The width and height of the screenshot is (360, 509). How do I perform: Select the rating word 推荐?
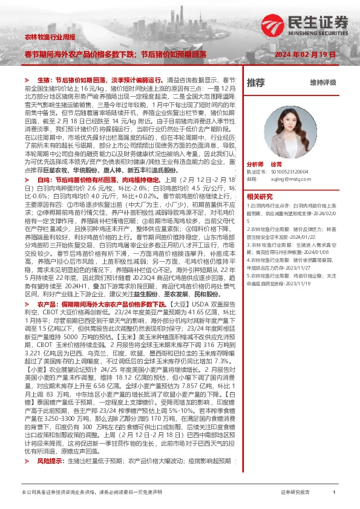pyautogui.click(x=256, y=82)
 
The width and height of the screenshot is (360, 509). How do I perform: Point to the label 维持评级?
pyautogui.click(x=322, y=82)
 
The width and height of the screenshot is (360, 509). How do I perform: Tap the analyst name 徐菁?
pyautogui.click(x=277, y=164)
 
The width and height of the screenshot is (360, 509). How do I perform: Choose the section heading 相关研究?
pyautogui.click(x=260, y=196)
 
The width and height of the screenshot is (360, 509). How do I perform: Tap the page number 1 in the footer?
pyautogui.click(x=334, y=493)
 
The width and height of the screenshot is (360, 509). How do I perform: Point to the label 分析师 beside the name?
pyautogui.click(x=256, y=164)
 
